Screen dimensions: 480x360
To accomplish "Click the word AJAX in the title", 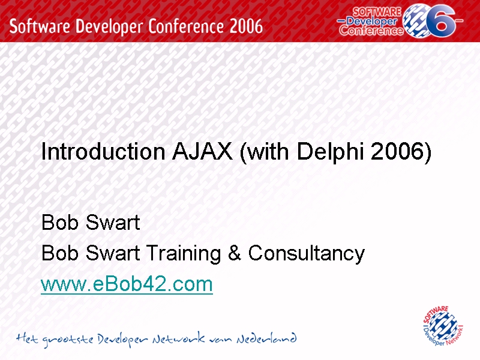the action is coord(202,151).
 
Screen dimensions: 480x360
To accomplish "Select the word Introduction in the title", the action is coord(103,151).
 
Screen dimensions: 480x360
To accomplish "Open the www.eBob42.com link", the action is coord(127,284).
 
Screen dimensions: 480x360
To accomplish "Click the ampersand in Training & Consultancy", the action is coord(234,253).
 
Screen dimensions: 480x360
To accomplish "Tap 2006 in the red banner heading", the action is coord(246,26).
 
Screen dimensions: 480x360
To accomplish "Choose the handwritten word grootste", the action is coord(68,340).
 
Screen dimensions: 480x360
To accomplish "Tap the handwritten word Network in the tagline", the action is coord(178,338).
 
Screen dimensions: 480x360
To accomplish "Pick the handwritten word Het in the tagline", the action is coord(27,338).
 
